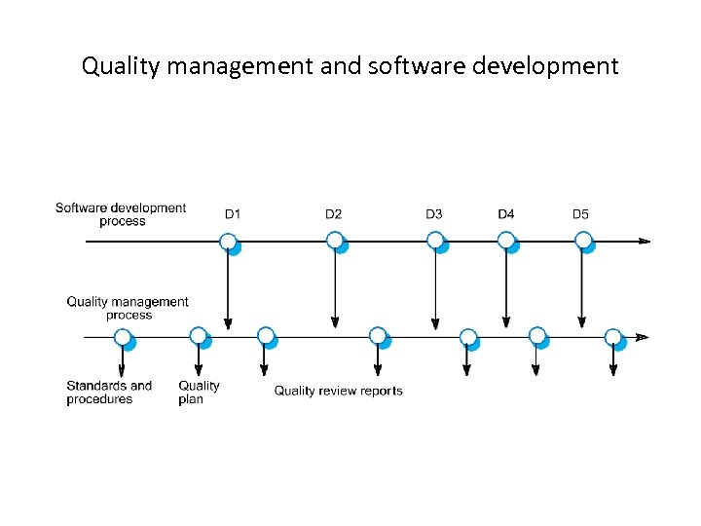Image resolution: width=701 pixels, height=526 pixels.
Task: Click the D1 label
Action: [x=233, y=214]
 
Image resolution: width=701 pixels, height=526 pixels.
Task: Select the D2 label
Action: [x=334, y=214]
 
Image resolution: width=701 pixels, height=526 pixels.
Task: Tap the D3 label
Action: [x=434, y=214]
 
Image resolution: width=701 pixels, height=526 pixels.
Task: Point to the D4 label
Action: [x=506, y=214]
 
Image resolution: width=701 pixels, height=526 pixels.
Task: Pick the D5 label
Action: [x=580, y=214]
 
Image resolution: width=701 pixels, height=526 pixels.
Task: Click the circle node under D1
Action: [x=228, y=241]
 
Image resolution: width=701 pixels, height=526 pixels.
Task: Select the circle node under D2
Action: [x=335, y=240]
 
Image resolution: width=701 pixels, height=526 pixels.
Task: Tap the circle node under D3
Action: [x=435, y=240]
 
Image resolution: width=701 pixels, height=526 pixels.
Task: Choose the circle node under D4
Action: [x=506, y=240]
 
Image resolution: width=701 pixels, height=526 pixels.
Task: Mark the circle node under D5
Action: [x=582, y=240]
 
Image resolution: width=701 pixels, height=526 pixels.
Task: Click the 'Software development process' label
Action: [x=121, y=214]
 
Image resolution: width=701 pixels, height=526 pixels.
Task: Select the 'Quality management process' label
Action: [x=128, y=308]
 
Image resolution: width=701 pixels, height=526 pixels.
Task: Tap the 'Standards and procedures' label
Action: [x=109, y=393]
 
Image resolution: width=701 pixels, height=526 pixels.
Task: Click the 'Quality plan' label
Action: [x=199, y=393]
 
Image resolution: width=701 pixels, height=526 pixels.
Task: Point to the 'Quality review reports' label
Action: [x=338, y=391]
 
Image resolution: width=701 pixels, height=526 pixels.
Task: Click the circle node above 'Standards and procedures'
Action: [x=123, y=337]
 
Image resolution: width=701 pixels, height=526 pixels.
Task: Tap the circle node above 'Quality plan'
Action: [x=199, y=336]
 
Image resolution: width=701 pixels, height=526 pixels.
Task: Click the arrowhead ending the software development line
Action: [x=644, y=241]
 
